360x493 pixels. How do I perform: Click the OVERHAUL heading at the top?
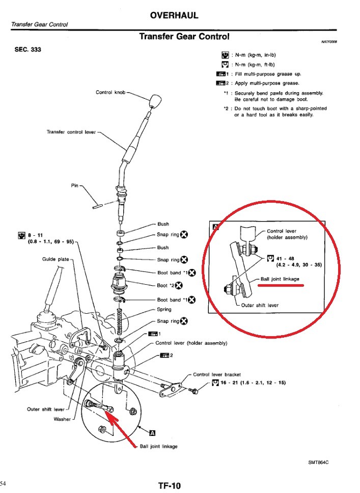(174, 16)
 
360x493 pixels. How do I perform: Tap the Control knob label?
(110, 92)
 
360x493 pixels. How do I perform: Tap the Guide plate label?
(55, 259)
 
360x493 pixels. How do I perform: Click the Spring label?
(164, 309)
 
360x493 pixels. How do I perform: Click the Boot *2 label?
(164, 286)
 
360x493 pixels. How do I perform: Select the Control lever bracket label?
(217, 374)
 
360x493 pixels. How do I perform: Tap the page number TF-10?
(169, 486)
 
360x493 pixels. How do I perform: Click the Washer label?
(62, 419)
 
